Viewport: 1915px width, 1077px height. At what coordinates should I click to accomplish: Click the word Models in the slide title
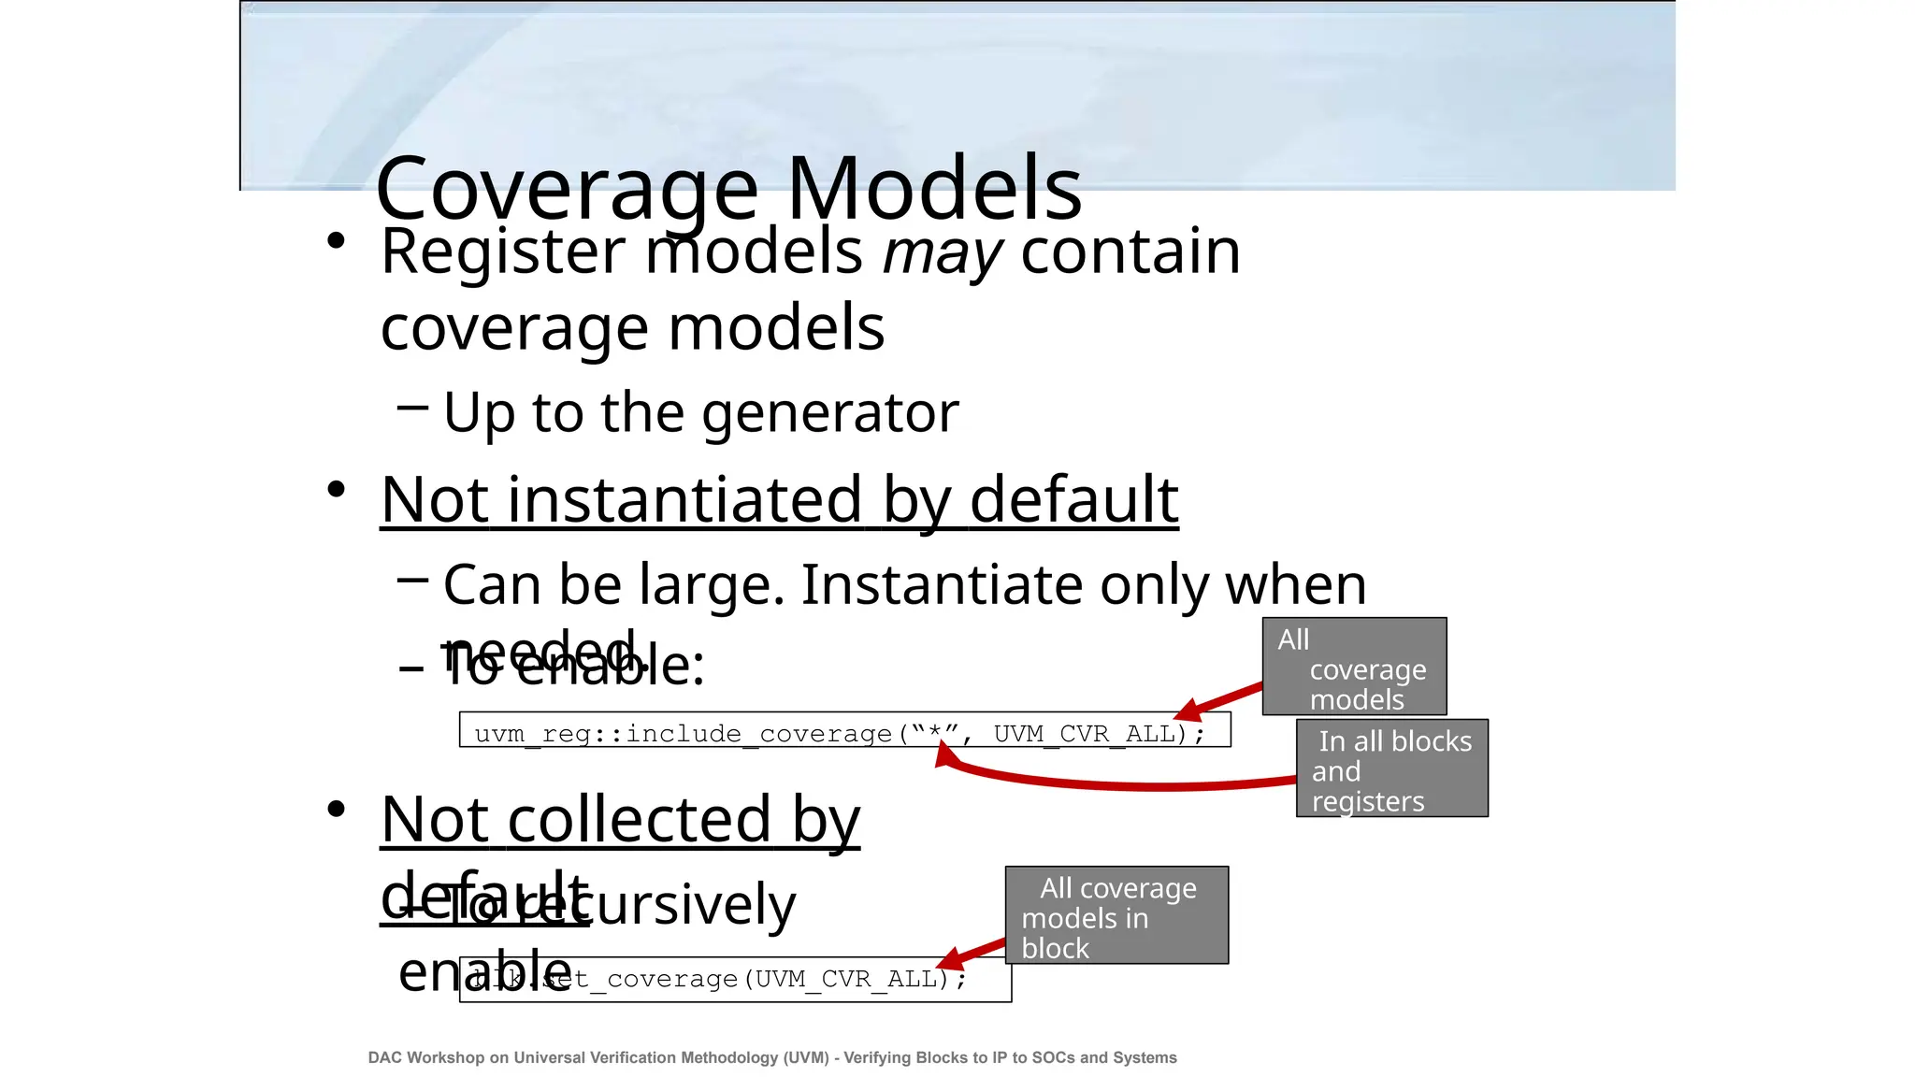coord(934,188)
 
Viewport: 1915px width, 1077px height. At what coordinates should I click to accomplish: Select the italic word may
coord(942,251)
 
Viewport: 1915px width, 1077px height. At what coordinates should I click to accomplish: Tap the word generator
coord(829,412)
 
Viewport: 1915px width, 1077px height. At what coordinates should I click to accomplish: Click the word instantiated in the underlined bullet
coord(684,499)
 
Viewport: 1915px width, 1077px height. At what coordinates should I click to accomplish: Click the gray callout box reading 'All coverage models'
coord(1354,667)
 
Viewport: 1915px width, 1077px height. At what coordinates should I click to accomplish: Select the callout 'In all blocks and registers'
coord(1391,768)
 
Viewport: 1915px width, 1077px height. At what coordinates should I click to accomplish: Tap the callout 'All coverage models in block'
coord(1116,915)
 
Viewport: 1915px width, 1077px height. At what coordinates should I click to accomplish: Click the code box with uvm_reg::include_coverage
coord(843,730)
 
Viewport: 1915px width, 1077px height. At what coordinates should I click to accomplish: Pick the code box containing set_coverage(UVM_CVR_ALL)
coord(735,980)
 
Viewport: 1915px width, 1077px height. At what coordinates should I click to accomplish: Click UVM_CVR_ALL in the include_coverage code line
coord(1083,734)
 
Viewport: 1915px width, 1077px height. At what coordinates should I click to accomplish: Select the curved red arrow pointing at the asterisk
coord(1122,783)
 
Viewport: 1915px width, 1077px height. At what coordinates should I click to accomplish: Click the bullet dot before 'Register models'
coord(337,241)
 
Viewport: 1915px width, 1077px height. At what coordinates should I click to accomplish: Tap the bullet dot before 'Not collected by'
coord(337,809)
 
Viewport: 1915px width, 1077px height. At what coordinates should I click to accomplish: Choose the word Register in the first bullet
coord(503,251)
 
